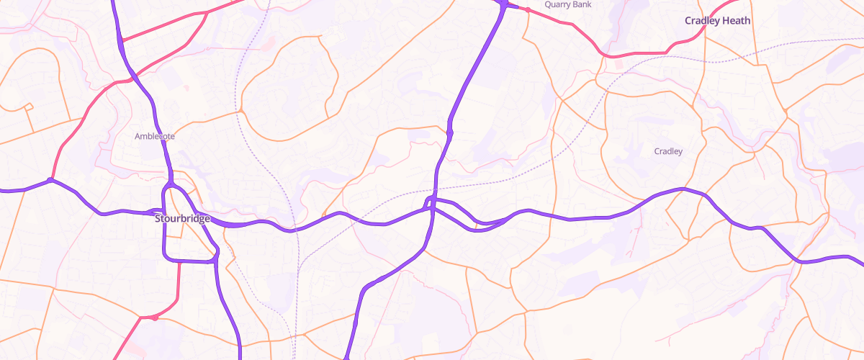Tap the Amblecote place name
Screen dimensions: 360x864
coord(155,136)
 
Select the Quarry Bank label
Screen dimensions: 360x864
coord(567,4)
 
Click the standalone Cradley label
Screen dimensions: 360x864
coord(667,151)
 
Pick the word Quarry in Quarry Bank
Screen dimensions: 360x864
coord(557,4)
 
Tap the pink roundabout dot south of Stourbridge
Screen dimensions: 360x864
coord(154,318)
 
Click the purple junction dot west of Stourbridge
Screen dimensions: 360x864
coord(50,180)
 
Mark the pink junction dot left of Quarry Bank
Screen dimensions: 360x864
coord(527,10)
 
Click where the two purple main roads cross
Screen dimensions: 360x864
coord(430,205)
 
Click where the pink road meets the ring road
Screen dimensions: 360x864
coord(177,261)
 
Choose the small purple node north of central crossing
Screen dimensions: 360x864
coord(449,132)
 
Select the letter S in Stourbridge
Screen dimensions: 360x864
coord(158,218)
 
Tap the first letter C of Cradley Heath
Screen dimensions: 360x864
coord(688,21)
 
